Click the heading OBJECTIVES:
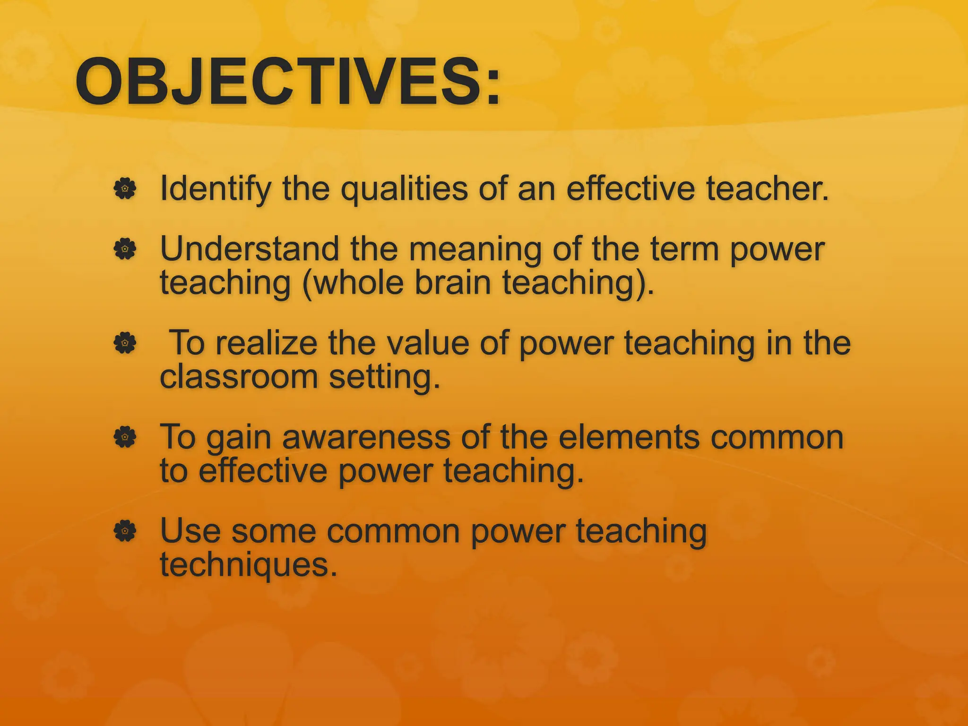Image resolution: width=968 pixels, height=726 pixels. pyautogui.click(x=287, y=81)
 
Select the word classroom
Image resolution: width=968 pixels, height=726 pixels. pyautogui.click(x=239, y=377)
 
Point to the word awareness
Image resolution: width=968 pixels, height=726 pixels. pyautogui.click(x=366, y=437)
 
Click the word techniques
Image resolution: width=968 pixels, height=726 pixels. pyautogui.click(x=249, y=565)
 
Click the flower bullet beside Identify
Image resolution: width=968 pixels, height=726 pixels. pyautogui.click(x=125, y=189)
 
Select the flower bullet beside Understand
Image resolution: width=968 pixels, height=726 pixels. pyautogui.click(x=125, y=249)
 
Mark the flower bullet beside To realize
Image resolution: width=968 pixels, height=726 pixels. pyautogui.click(x=125, y=343)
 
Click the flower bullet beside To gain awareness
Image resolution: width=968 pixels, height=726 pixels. pyautogui.click(x=125, y=437)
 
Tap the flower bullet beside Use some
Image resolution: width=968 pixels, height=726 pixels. pyautogui.click(x=125, y=531)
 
